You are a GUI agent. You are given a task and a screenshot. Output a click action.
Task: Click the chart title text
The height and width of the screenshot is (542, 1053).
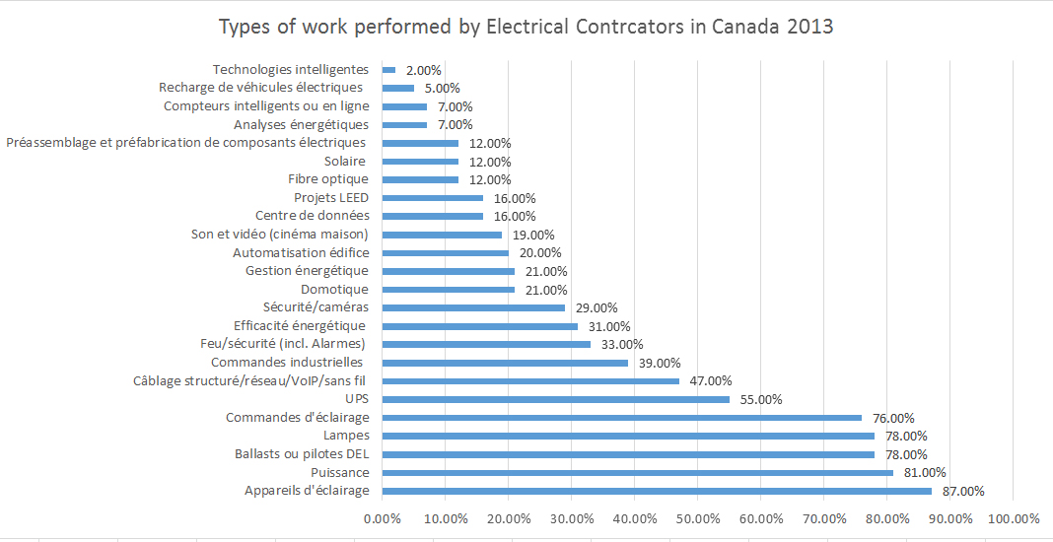[x=526, y=27]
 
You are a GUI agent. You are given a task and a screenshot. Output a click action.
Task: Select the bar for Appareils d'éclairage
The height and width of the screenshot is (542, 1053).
[x=656, y=491]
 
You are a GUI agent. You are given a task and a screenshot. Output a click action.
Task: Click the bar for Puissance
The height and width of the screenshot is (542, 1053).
[x=637, y=473]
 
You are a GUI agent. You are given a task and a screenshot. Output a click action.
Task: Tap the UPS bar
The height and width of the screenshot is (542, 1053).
[x=555, y=399]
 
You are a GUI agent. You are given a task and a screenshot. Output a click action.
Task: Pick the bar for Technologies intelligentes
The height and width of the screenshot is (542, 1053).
[x=388, y=70]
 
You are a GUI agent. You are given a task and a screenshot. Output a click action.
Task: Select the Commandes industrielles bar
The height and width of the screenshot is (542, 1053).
[x=504, y=363]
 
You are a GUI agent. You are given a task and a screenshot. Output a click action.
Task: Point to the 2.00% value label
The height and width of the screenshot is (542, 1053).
[x=423, y=71]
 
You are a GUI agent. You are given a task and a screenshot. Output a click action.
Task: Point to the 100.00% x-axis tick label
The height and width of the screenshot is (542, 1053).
[x=1013, y=519]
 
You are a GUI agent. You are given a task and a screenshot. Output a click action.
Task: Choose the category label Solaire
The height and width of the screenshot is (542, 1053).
[x=346, y=162]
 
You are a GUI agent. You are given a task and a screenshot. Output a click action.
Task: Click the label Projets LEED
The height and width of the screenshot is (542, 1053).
[x=331, y=198]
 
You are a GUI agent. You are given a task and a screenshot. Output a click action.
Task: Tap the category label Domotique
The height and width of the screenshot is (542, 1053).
[x=334, y=290]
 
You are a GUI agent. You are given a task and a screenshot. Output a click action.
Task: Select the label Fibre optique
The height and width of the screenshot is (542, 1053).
[x=328, y=179]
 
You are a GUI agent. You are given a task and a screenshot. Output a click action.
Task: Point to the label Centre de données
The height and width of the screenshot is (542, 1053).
[x=312, y=216]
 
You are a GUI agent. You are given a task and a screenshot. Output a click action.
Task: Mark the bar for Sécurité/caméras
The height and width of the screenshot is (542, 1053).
[x=472, y=307]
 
